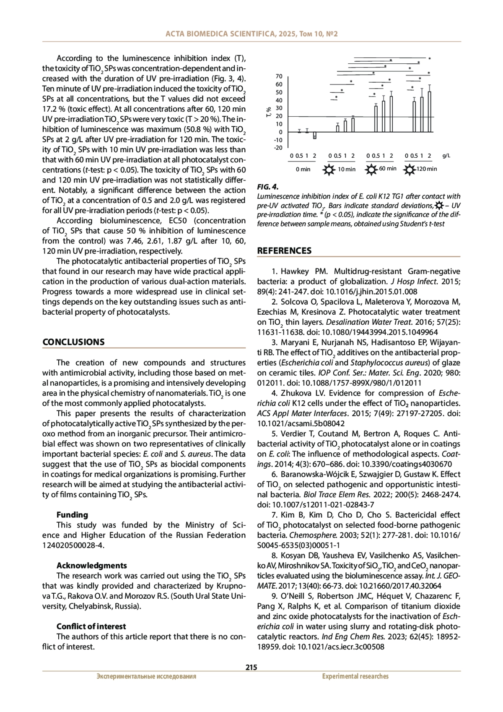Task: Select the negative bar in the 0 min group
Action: tap(315, 136)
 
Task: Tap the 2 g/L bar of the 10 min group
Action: tap(353, 125)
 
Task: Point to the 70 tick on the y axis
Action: tap(279, 76)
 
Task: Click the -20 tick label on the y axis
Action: tap(278, 148)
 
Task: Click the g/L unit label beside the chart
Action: tap(446, 156)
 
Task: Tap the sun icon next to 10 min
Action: tap(329, 170)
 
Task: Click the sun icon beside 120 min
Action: tap(409, 170)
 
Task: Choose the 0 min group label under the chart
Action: tap(303, 170)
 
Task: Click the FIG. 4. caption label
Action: tap(267, 187)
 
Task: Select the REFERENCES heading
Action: tap(284, 251)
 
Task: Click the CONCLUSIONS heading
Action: tap(73, 342)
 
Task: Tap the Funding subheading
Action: tap(72, 515)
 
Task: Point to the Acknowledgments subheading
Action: tap(91, 566)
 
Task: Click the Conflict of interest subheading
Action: tap(91, 626)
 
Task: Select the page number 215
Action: tap(251, 668)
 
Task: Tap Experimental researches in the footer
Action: tap(355, 676)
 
